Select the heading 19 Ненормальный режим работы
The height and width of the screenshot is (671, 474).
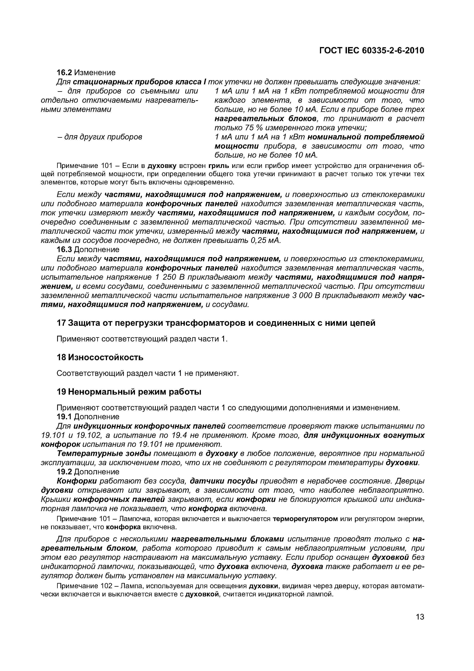(x=129, y=392)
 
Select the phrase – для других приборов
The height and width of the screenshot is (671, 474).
(x=99, y=137)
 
